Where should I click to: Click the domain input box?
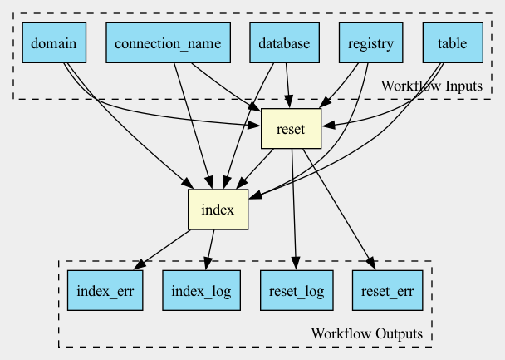point(54,42)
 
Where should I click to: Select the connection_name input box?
point(168,42)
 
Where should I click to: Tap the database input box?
point(284,42)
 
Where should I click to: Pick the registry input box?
point(370,42)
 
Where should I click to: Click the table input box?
point(453,42)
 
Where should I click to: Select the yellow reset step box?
point(291,129)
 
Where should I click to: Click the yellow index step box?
point(218,210)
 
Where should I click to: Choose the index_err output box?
point(105,290)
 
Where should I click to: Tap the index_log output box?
point(201,290)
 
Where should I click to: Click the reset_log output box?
point(297,290)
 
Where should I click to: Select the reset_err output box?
point(387,290)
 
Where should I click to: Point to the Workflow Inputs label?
point(432,86)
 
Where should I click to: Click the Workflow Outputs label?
point(367,333)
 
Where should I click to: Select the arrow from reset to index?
point(255,169)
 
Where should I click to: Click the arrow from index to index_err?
point(162,249)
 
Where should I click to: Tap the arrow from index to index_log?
point(209,249)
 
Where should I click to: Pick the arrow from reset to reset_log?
point(294,209)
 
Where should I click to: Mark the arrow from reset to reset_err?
point(339,209)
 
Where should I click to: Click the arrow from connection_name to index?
point(193,126)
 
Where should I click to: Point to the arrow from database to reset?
point(287,86)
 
